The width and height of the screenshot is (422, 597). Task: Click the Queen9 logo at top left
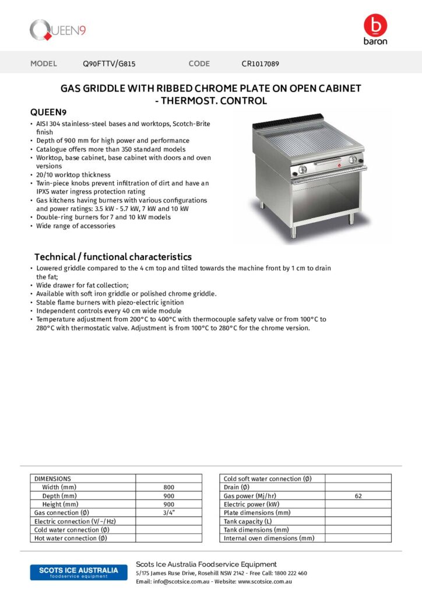click(x=58, y=30)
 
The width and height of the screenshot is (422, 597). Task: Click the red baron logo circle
click(x=375, y=26)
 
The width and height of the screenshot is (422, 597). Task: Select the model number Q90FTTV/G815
click(x=109, y=64)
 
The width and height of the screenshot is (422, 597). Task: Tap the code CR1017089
click(x=263, y=64)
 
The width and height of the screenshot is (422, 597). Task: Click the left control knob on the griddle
click(x=303, y=170)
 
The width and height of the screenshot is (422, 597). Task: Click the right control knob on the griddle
click(x=352, y=161)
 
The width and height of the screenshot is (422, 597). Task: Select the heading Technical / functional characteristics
click(x=112, y=257)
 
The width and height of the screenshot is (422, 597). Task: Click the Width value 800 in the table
click(x=168, y=487)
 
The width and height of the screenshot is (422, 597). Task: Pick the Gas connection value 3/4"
click(x=168, y=512)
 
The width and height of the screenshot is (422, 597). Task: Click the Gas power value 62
click(x=358, y=496)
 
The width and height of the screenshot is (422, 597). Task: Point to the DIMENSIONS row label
click(x=52, y=479)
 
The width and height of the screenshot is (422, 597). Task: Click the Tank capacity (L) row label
click(x=248, y=521)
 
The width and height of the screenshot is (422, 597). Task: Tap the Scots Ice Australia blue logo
click(x=74, y=571)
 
